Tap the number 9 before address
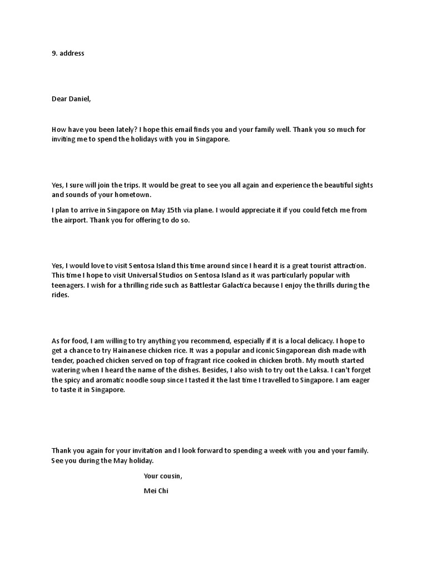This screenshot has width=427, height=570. pyautogui.click(x=54, y=53)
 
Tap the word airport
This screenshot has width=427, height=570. pyautogui.click(x=80, y=220)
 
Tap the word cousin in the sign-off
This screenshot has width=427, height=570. pyautogui.click(x=171, y=476)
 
